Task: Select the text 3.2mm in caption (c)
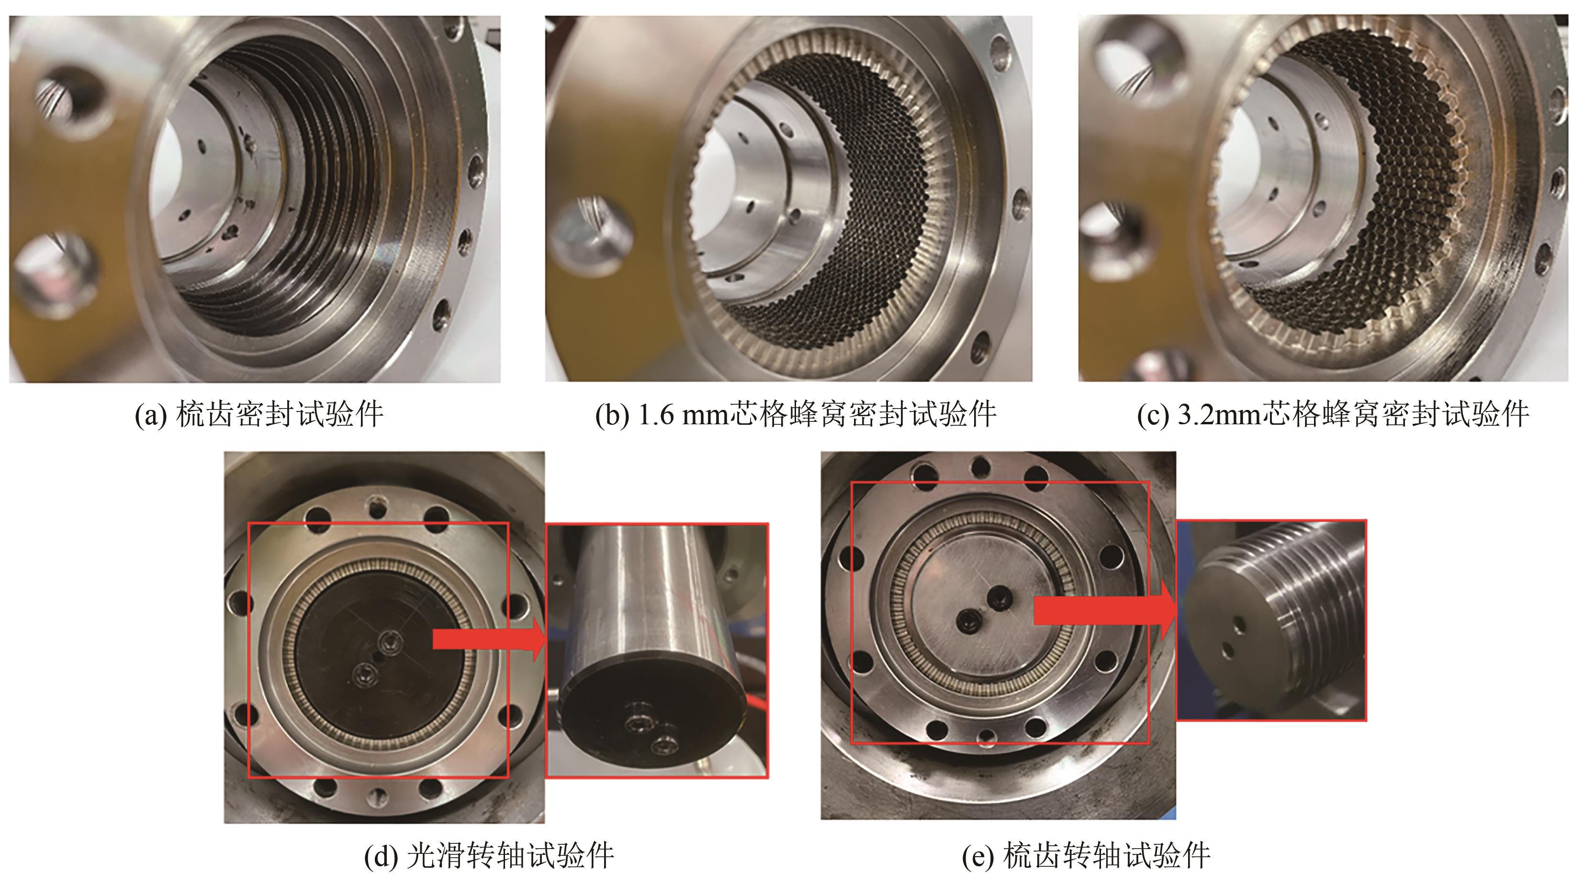(1219, 415)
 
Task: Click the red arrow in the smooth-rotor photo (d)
(489, 639)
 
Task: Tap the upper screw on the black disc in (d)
(390, 641)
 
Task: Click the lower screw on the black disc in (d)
(364, 674)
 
